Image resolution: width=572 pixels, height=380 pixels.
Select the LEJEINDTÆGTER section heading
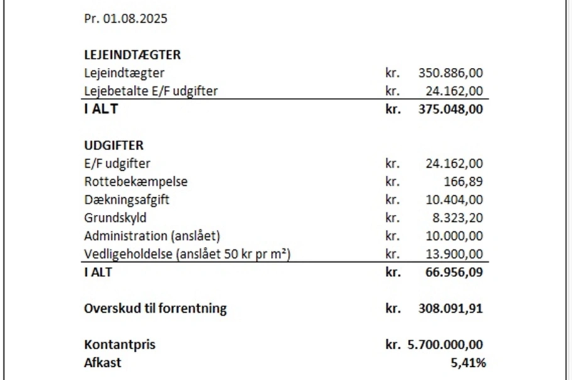tap(132, 55)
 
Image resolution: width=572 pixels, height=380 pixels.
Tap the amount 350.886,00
tap(451, 73)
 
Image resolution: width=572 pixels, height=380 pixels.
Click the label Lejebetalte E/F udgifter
tap(151, 91)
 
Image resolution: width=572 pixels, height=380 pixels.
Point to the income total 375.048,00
tap(451, 109)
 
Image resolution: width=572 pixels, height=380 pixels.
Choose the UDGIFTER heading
tap(114, 146)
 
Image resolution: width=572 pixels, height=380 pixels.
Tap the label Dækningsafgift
tap(127, 200)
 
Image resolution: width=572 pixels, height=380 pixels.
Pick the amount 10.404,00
tap(454, 200)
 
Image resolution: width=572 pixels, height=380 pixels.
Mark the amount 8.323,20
tap(456, 219)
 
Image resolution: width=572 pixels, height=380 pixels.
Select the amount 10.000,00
tap(454, 236)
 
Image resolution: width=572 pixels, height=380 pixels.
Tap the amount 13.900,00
tap(454, 254)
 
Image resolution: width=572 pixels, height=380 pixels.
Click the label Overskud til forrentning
tap(155, 308)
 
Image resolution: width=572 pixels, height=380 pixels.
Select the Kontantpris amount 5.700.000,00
tap(444, 345)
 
